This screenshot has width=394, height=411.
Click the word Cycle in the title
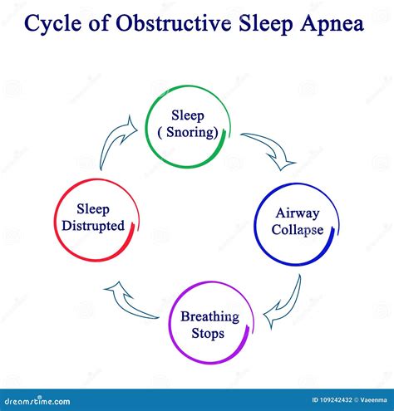point(52,24)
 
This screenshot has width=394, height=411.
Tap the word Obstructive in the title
point(174,23)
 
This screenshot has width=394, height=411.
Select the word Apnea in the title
point(332,24)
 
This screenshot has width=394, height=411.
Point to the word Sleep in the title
point(266,24)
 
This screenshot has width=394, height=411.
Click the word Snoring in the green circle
point(190,132)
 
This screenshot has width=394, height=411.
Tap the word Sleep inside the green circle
point(188,115)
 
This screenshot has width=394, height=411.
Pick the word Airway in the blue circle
point(298,213)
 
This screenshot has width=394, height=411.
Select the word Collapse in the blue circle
point(298,230)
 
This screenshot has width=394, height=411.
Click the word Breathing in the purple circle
point(209,316)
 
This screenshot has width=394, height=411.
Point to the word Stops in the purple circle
point(208,333)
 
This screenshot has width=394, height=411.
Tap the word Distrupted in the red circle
point(93,226)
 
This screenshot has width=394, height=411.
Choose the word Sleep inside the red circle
point(93,209)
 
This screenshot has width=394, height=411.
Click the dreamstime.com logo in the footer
point(37,401)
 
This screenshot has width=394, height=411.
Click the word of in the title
point(99,23)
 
